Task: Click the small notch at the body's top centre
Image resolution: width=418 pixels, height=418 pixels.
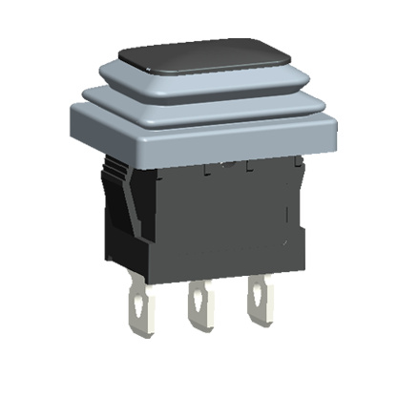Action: coord(225,165)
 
